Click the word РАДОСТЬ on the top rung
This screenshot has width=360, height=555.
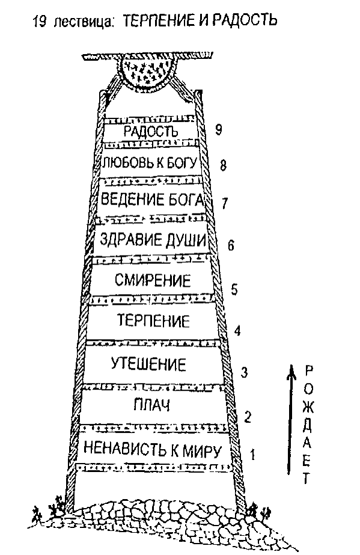point(151,132)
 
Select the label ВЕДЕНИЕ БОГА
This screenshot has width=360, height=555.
point(153,199)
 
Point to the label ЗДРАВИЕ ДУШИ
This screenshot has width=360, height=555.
point(153,240)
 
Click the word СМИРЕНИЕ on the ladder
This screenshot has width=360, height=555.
point(153,280)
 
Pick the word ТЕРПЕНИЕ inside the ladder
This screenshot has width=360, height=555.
point(153,320)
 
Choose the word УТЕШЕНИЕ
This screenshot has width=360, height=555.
point(148,364)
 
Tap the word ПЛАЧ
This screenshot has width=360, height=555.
point(151,405)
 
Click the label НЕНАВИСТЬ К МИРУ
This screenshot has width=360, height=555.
point(153,450)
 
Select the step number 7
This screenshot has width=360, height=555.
point(225,203)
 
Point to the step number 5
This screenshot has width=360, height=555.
point(234,289)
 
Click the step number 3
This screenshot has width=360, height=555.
point(244,372)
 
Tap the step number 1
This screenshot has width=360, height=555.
point(252,454)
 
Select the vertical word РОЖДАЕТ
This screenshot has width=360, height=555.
point(308,425)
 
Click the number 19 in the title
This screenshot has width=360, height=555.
point(40,22)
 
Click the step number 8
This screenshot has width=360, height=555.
point(223,165)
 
